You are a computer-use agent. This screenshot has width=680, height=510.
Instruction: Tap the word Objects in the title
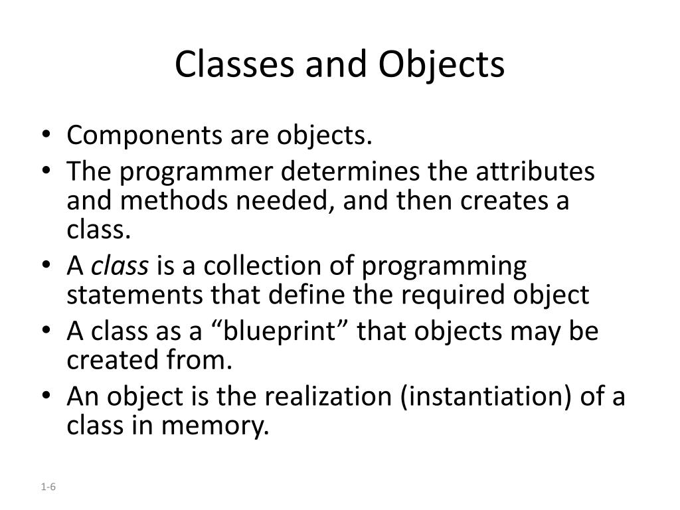[x=442, y=64]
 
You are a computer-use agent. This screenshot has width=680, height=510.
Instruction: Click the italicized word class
[x=120, y=266]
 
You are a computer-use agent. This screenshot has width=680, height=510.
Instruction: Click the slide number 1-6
[x=48, y=487]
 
